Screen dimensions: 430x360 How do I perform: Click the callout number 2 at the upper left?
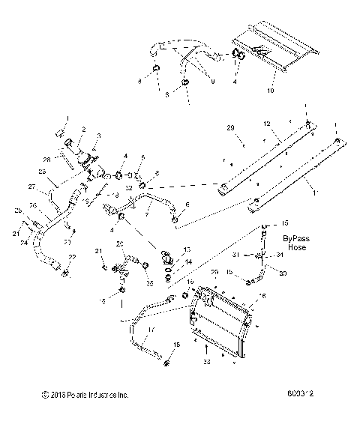(x=84, y=130)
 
